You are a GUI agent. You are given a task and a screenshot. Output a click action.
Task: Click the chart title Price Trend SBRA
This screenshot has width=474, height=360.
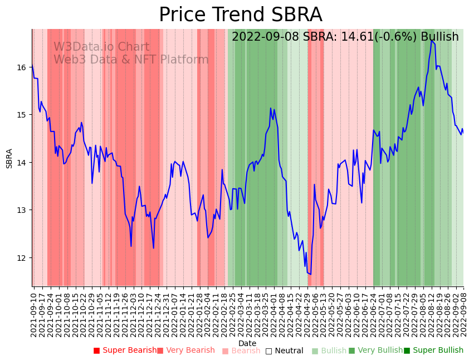click(240, 15)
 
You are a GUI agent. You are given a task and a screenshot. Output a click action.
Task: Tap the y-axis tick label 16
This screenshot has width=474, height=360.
click(22, 67)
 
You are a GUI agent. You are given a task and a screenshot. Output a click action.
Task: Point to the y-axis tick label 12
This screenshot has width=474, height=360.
click(22, 257)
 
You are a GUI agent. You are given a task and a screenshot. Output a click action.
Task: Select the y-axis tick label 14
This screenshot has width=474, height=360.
click(22, 163)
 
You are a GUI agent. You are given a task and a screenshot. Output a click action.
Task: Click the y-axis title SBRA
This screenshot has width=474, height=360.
click(9, 158)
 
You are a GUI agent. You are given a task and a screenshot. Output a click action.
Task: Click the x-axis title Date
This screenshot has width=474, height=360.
click(247, 343)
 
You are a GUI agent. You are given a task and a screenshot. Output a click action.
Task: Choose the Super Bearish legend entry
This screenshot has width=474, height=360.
click(125, 351)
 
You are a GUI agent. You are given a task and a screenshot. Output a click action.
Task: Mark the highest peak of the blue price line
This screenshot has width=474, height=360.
click(431, 41)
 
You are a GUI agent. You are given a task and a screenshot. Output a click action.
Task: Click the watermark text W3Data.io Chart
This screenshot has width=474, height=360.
click(101, 47)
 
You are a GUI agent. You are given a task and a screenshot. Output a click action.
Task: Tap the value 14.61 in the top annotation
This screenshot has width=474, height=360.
click(348, 37)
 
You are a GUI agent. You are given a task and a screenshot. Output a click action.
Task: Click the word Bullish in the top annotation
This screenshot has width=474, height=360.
click(439, 37)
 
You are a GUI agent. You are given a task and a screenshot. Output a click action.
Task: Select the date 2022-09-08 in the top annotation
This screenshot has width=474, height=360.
click(266, 37)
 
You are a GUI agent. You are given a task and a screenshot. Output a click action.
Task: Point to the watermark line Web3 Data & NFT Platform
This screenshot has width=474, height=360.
click(131, 60)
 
